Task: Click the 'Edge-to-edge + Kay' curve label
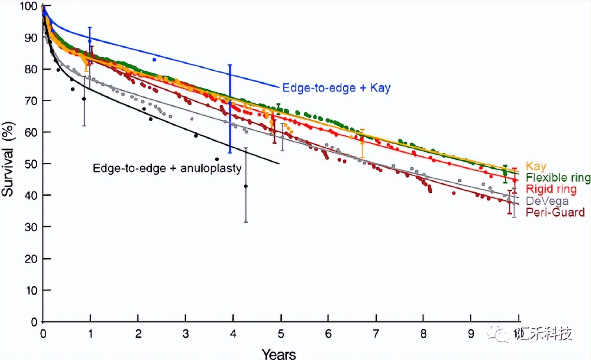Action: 336,88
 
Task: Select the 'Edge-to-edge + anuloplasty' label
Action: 167,169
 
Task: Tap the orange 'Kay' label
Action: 536,167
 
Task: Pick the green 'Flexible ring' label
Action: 558,178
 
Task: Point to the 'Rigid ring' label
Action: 551,189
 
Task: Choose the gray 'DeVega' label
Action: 547,201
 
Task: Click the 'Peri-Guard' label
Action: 555,212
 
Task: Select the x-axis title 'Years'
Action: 278,354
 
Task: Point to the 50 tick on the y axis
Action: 31,164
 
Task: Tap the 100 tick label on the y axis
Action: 28,7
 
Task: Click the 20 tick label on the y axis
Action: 31,258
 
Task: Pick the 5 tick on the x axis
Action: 280,332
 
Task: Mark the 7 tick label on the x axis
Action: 376,332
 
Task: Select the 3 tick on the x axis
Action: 185,332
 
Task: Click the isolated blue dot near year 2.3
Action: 154,60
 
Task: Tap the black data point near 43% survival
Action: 246,186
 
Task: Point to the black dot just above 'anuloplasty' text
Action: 217,159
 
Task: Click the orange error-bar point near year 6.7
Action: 362,143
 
